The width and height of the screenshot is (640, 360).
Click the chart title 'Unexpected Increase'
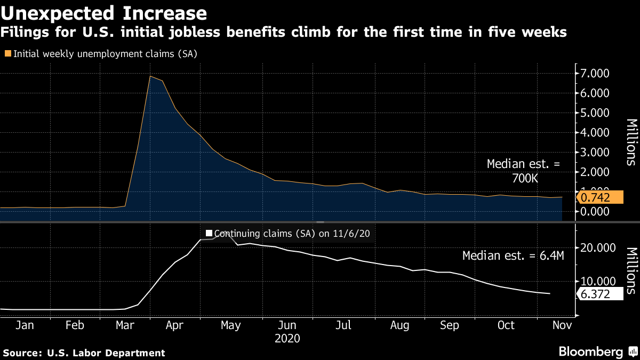(103, 13)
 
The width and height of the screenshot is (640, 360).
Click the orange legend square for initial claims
(8, 53)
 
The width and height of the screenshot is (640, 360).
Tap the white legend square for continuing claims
(209, 233)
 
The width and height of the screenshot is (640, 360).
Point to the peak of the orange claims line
(150, 76)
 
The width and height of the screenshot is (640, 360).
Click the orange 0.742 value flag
(599, 197)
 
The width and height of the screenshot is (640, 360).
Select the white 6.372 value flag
(599, 294)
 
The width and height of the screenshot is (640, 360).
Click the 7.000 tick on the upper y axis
(595, 74)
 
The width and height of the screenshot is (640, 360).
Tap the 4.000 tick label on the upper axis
(595, 133)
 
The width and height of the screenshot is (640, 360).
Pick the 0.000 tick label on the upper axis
(595, 211)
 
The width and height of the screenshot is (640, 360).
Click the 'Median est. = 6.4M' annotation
(513, 255)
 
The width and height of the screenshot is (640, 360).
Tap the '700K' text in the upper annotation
(525, 179)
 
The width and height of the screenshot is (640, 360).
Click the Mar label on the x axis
(125, 325)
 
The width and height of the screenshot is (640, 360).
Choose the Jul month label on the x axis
(343, 325)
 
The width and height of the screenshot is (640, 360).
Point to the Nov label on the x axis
(562, 325)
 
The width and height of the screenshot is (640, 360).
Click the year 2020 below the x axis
(287, 339)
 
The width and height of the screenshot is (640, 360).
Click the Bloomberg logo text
(591, 351)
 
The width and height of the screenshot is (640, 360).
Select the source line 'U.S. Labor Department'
(106, 353)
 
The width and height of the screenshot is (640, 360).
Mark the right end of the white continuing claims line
(550, 293)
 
